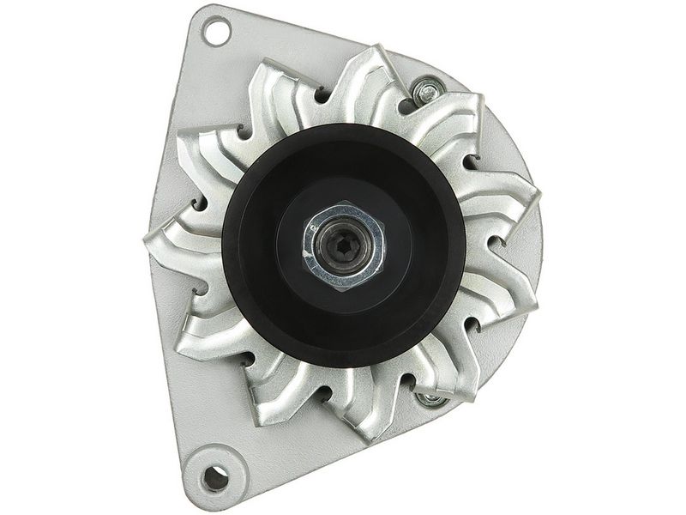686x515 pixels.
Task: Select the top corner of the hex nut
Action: click(344, 203)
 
